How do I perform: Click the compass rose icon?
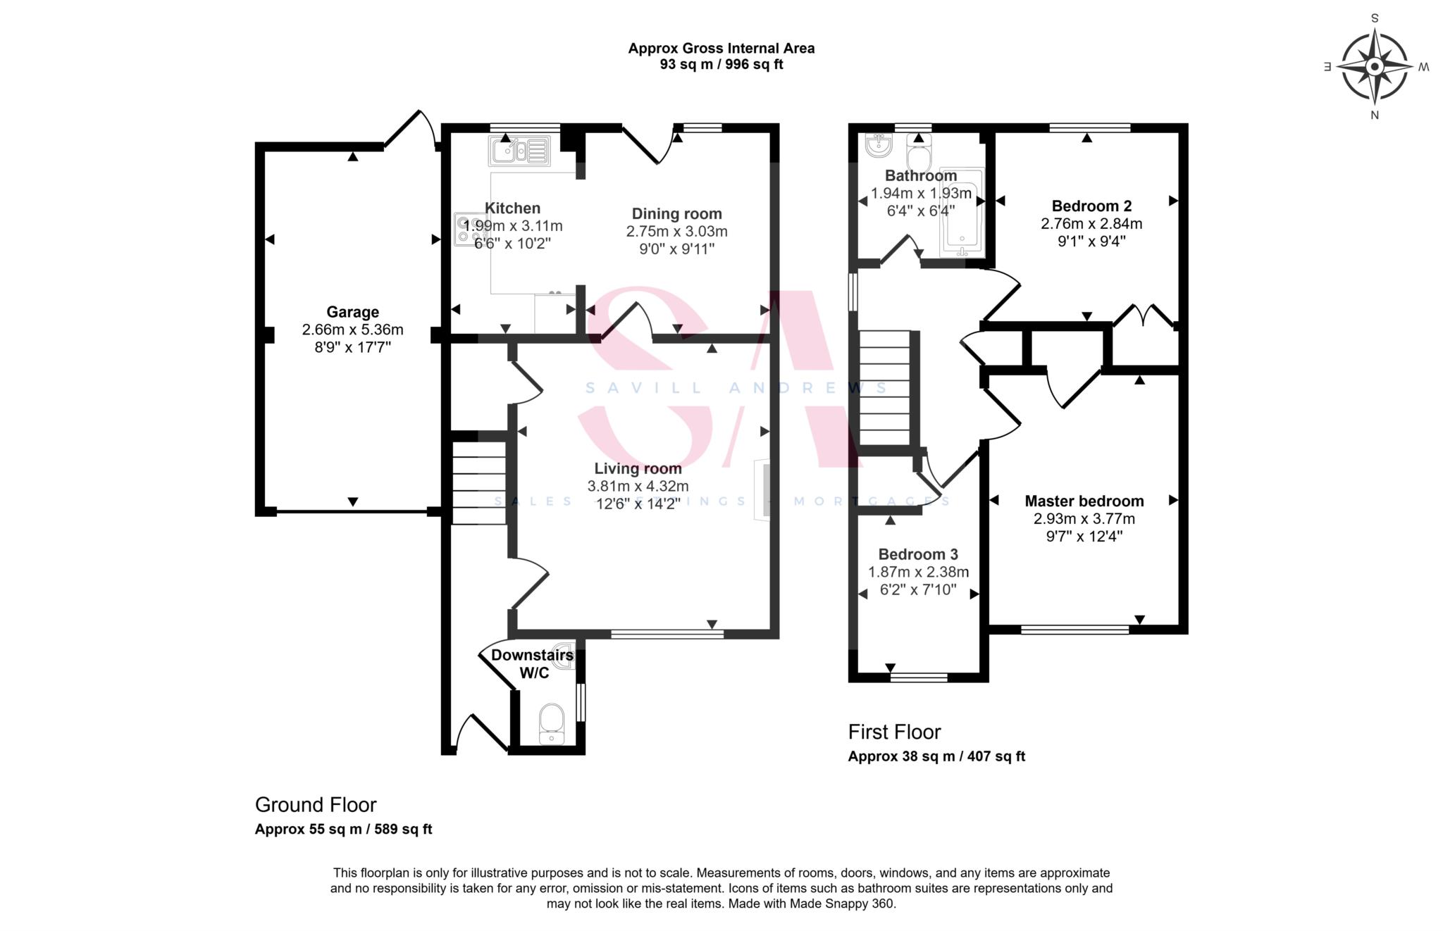(1374, 67)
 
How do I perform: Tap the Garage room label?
(352, 312)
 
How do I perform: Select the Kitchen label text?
(513, 208)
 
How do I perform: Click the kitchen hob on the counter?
(467, 229)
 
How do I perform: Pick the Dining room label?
(676, 214)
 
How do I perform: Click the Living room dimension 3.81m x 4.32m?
(638, 486)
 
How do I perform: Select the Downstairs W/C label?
(533, 664)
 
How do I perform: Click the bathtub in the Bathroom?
(962, 211)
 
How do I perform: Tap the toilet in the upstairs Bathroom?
(919, 149)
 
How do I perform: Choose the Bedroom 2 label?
(1091, 206)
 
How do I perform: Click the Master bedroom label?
(1084, 501)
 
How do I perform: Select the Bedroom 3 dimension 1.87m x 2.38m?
(918, 573)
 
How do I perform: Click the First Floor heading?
(894, 732)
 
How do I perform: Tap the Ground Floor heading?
(316, 805)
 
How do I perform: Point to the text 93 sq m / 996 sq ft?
(721, 65)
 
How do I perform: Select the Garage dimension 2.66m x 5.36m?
(352, 330)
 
